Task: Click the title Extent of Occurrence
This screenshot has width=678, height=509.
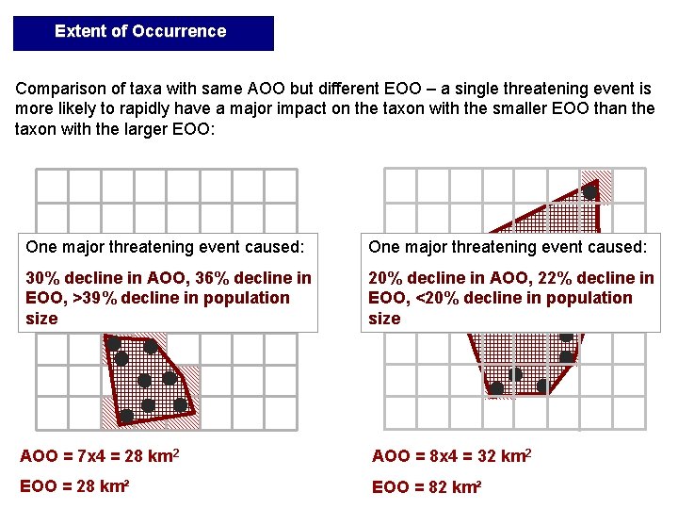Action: [x=140, y=31]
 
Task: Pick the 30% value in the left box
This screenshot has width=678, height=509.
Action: [x=40, y=278]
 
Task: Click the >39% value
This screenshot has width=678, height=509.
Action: [x=98, y=298]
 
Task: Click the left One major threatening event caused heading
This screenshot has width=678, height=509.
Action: [x=165, y=247]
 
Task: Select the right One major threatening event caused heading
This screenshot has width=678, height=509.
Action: [x=508, y=247]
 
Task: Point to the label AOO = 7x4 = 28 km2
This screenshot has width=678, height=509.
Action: [x=100, y=457]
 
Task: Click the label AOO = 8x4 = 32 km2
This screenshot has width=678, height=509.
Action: [x=452, y=457]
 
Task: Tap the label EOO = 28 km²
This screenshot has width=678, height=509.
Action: [x=74, y=487]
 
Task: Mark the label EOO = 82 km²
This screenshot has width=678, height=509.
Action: [x=427, y=487]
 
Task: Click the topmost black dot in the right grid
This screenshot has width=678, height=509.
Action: [x=589, y=192]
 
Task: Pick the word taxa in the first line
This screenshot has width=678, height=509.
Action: [x=139, y=89]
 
